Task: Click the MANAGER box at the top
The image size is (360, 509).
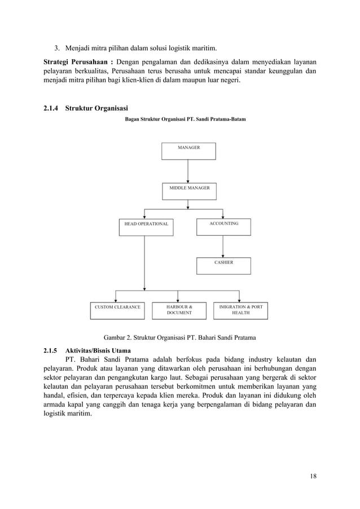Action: (188, 151)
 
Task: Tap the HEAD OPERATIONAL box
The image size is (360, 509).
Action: (146, 227)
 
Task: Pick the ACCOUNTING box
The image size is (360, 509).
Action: (223, 226)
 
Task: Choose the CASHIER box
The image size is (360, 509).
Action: (223, 266)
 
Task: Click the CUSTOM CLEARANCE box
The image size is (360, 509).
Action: (117, 311)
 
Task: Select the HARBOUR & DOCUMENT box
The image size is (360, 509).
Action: (178, 311)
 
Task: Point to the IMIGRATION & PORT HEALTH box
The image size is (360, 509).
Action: (240, 311)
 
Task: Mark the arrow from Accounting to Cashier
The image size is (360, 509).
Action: (223, 246)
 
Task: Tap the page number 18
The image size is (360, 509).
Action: (313, 476)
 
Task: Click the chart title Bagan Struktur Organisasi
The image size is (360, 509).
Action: (185, 120)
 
